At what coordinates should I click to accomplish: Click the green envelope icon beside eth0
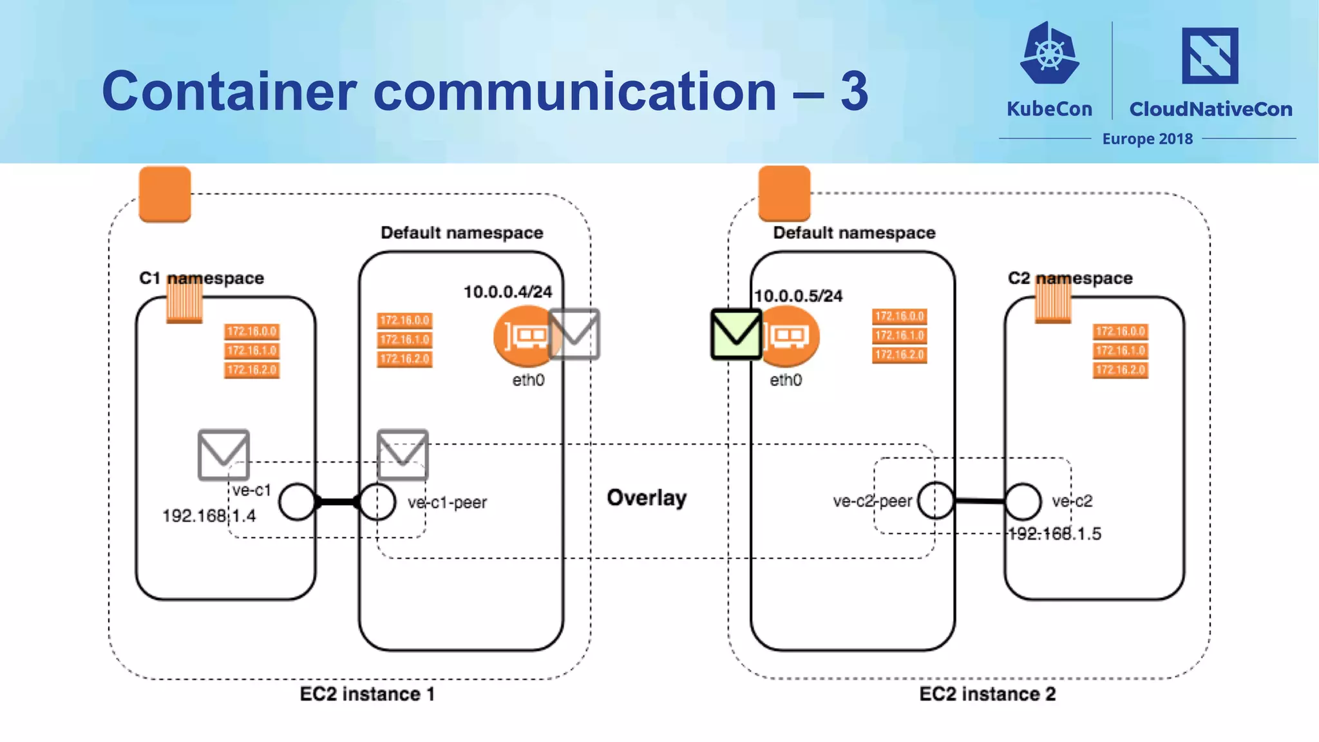(736, 334)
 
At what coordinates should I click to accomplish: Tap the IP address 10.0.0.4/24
(508, 292)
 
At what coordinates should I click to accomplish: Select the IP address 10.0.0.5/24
(798, 296)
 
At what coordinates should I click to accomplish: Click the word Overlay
(647, 498)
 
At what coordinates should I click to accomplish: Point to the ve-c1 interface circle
(297, 502)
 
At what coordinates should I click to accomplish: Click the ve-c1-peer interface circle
(377, 502)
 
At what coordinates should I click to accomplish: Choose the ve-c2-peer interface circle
(935, 500)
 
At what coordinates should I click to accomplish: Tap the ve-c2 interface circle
(1023, 501)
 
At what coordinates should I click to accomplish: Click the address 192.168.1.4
(209, 516)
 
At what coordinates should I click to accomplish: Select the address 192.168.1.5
(1055, 533)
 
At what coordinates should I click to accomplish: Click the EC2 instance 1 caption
(367, 694)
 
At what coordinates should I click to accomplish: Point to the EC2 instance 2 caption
(987, 694)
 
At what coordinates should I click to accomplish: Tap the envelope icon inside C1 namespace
(223, 455)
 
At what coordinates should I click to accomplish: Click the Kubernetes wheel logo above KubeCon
(1049, 54)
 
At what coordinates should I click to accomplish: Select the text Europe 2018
(1147, 139)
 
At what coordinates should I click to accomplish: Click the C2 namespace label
(1070, 278)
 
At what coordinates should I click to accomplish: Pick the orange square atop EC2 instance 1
(165, 194)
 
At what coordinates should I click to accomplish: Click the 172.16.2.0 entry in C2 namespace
(1120, 370)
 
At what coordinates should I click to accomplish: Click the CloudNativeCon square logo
(1210, 55)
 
